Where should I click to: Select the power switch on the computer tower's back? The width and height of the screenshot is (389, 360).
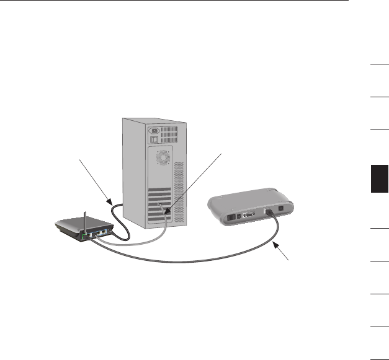click(151, 142)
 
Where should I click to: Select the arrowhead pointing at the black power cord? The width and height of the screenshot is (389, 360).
click(110, 202)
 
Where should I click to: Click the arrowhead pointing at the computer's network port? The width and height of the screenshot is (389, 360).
click(169, 213)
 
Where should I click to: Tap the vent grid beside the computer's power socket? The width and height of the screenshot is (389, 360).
click(169, 132)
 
